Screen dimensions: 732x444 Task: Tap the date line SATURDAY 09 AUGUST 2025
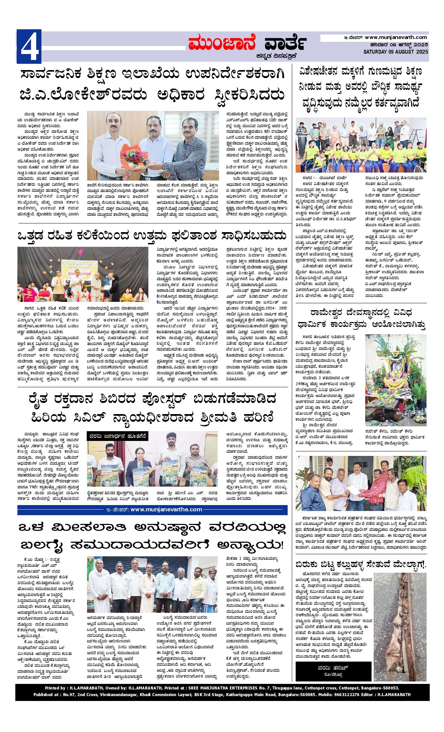point(396,52)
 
